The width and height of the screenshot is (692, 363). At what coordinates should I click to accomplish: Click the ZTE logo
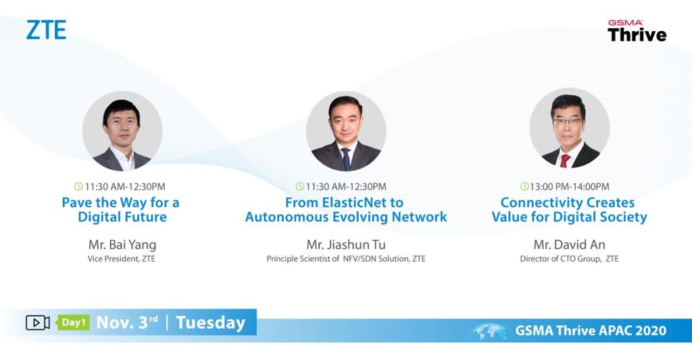point(46,30)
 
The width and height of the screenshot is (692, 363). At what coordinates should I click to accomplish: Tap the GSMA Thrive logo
point(637,30)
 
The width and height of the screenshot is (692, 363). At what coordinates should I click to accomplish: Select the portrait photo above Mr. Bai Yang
point(122,132)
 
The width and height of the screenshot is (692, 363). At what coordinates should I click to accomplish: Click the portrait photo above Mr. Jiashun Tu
point(346,132)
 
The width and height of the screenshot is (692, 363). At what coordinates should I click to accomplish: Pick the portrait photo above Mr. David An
point(569,128)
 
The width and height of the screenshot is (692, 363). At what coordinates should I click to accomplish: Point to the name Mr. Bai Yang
point(122,244)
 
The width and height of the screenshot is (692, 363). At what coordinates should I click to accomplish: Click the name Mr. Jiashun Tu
point(346,244)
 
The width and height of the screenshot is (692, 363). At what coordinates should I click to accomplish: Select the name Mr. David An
point(569,244)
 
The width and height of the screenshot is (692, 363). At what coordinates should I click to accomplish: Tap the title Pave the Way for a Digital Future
point(121,210)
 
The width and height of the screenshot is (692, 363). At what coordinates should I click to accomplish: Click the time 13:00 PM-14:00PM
point(569,187)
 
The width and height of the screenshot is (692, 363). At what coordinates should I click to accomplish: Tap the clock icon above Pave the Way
point(78,186)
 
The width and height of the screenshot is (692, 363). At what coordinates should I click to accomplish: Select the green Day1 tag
point(73,323)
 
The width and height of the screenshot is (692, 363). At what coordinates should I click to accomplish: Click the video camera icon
point(38,323)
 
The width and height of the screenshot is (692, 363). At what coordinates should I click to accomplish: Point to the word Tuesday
point(211,323)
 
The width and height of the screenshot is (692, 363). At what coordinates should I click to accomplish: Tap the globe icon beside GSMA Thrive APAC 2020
point(489,331)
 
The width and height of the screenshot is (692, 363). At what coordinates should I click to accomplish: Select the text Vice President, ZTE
point(122,258)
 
